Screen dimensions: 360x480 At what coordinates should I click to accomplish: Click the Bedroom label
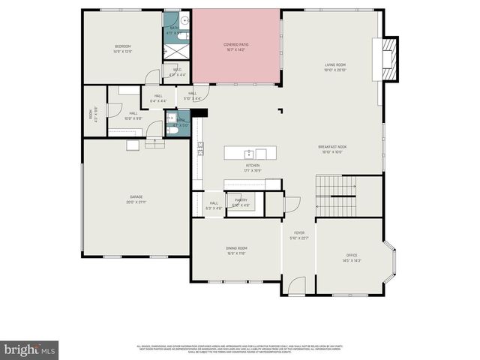(x=123, y=46)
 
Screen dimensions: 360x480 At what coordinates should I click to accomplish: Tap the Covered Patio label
(x=236, y=44)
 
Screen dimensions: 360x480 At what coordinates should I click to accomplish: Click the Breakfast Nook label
(x=331, y=147)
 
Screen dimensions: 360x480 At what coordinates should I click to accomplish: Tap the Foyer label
(x=299, y=233)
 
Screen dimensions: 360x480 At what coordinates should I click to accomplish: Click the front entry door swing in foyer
(x=296, y=285)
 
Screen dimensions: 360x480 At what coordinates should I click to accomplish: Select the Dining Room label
(x=236, y=248)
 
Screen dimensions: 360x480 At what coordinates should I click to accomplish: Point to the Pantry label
(x=241, y=200)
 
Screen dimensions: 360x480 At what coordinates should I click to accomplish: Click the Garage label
(x=136, y=197)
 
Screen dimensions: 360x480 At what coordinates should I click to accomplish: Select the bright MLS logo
(x=30, y=349)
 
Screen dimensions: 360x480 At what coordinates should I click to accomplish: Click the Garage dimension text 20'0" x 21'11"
(x=136, y=202)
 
